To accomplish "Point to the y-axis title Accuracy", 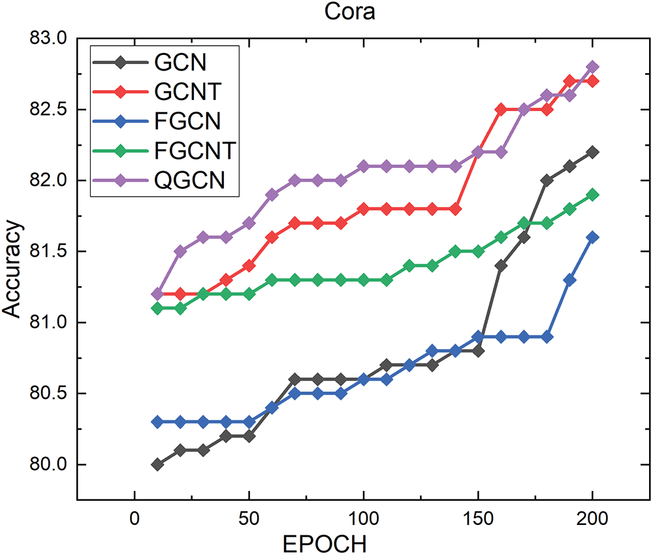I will tap(13, 269).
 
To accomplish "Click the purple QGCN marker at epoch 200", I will tap(593, 67).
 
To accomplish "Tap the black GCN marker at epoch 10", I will tap(157, 465).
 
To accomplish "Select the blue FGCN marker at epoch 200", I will tap(593, 237).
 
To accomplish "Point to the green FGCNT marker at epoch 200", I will tap(593, 195).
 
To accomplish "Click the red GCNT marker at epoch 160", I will tap(502, 109).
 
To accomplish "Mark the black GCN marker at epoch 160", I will tap(502, 265).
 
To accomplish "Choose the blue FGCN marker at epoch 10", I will tap(157, 422).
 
